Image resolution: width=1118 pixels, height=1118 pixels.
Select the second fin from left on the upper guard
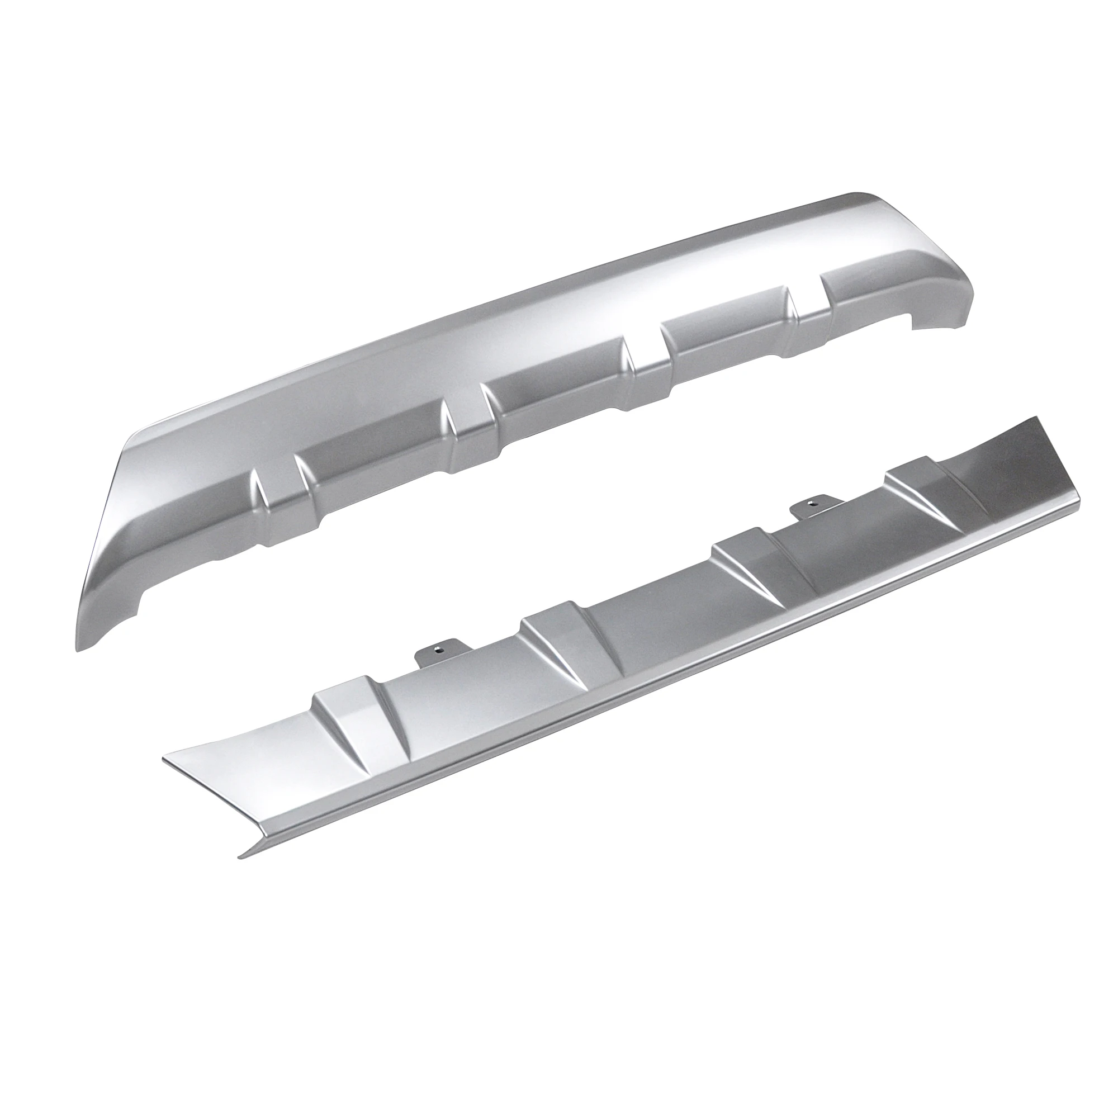click(x=463, y=428)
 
